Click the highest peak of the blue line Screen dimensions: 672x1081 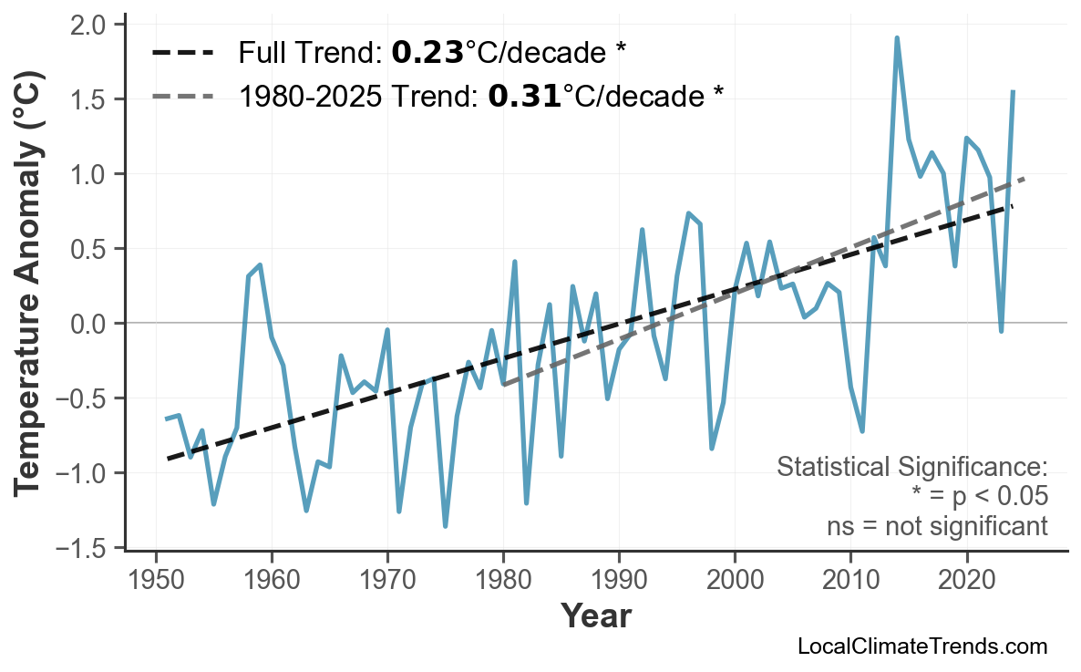[897, 37]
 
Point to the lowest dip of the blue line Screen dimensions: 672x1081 [445, 526]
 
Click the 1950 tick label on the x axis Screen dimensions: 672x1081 [156, 580]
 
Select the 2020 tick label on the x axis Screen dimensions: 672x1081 [966, 580]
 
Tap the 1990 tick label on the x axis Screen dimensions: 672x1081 [619, 580]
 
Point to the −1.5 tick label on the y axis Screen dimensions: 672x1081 [87, 548]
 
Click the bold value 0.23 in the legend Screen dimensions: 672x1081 [427, 53]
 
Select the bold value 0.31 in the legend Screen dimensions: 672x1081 [524, 95]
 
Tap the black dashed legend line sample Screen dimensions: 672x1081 [183, 53]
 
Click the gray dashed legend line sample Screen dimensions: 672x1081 [183, 95]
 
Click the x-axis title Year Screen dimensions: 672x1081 [595, 617]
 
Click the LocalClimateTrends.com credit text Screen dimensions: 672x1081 [921, 647]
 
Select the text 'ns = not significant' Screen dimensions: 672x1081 [936, 526]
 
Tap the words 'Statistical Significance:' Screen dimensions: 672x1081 [912, 467]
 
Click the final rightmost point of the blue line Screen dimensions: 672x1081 [1013, 91]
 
